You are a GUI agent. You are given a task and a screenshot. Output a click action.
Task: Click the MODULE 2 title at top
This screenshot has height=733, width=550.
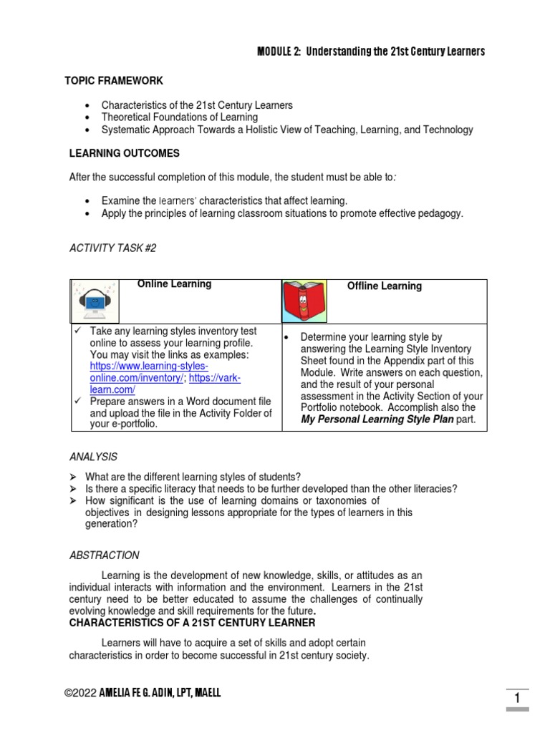tap(370, 52)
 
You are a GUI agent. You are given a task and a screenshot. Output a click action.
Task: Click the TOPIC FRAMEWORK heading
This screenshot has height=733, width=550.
tap(114, 81)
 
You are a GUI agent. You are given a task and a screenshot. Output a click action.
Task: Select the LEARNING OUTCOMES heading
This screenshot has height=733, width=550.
tap(124, 153)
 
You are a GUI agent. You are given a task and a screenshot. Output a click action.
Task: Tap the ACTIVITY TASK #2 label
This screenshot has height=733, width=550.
tap(112, 248)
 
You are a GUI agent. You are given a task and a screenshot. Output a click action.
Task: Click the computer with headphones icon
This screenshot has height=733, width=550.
tap(95, 301)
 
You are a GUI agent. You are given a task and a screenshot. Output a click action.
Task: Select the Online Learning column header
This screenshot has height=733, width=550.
tap(174, 284)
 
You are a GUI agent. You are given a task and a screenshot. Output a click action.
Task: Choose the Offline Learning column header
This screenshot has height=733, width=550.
tap(385, 286)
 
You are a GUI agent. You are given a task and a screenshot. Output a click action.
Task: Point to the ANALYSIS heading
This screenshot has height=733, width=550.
tap(93, 457)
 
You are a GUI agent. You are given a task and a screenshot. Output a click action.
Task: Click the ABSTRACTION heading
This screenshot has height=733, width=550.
tap(105, 555)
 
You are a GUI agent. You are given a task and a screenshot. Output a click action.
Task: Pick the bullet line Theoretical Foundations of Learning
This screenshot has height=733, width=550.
tap(179, 117)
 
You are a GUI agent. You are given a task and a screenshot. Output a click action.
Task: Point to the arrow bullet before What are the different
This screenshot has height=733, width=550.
tap(73, 477)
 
